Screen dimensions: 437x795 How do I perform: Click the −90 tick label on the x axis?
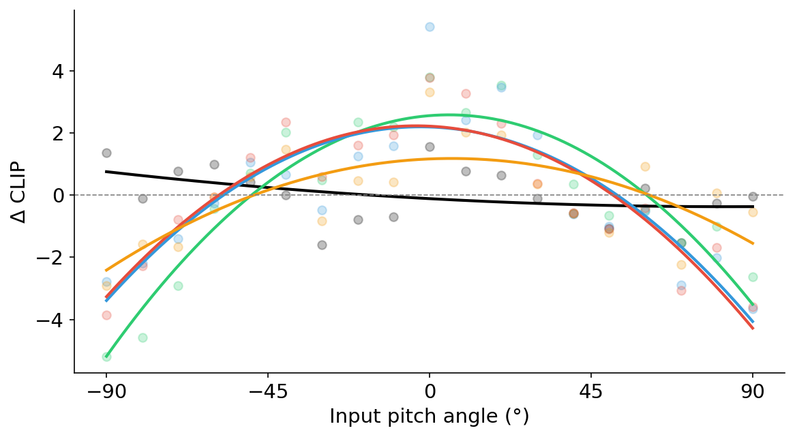coord(106,394)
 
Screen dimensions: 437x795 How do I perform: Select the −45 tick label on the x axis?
coord(267,394)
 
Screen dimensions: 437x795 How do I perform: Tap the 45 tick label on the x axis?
coord(591,394)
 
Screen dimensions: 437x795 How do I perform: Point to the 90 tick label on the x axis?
coord(753,394)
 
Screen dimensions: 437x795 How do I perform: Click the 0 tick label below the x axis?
coord(430,394)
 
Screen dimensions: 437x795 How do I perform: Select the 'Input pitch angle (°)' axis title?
coord(430,417)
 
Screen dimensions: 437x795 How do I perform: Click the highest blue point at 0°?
coord(430,27)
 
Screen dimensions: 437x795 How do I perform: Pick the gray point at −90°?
coord(106,153)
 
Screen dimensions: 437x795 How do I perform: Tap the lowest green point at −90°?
coord(106,357)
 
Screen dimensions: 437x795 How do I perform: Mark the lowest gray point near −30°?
coord(322,245)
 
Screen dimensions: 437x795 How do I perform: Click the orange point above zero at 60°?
coord(645,166)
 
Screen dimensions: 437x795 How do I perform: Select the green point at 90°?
coord(753,277)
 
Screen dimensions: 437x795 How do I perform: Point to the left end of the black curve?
coord(106,171)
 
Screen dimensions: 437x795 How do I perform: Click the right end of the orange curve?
coord(753,243)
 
